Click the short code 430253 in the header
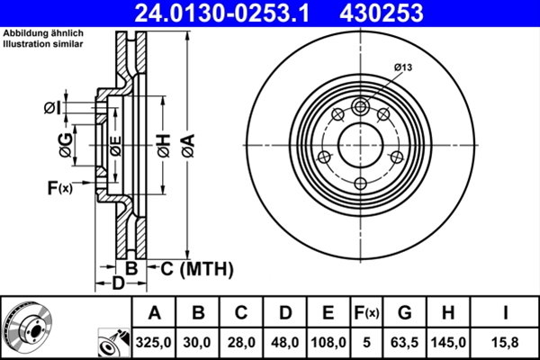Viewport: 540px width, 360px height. click(393, 13)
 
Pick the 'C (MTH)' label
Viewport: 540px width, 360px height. click(196, 268)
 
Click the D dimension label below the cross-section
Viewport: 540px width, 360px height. click(118, 284)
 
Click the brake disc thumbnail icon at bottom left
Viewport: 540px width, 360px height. click(27, 328)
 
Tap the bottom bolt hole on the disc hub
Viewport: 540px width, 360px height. click(361, 184)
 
